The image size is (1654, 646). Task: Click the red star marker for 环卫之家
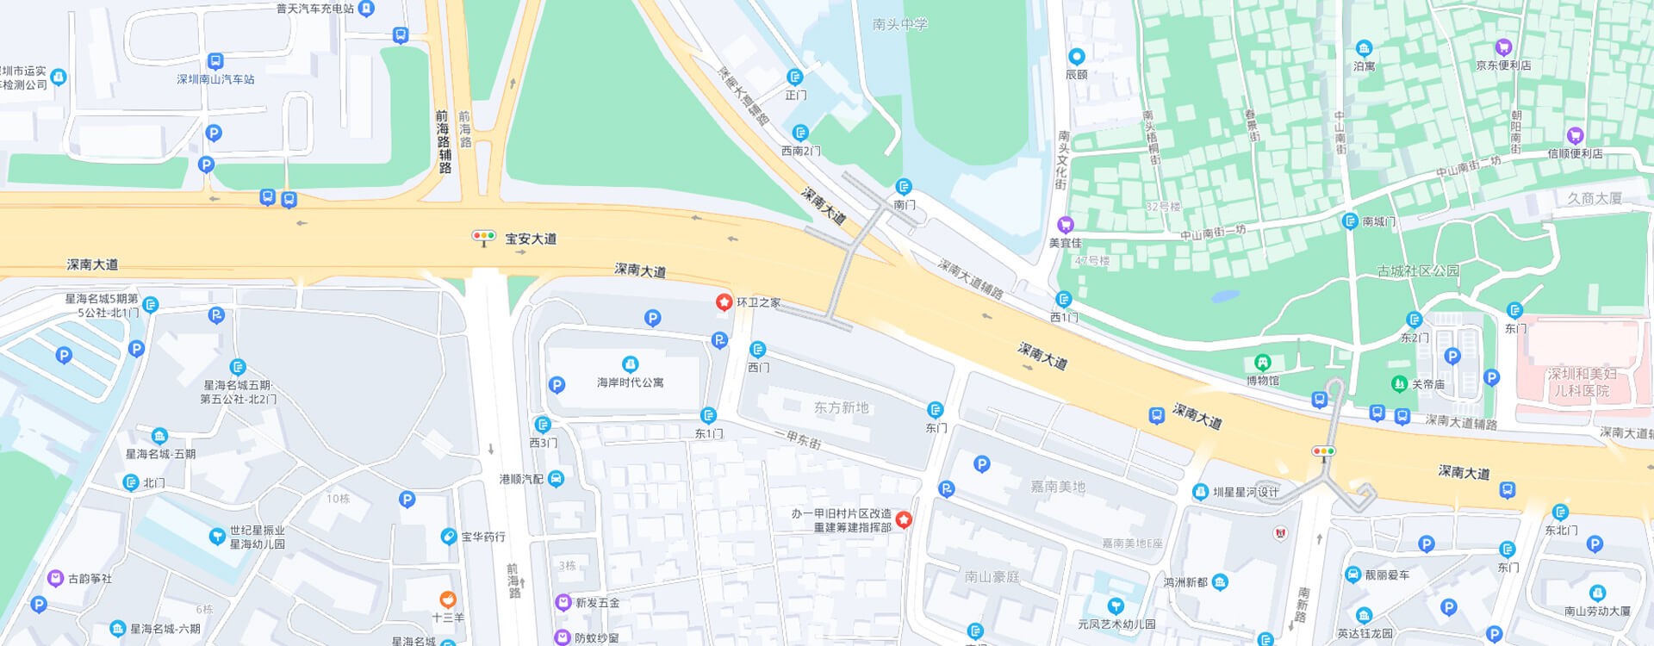coord(724,302)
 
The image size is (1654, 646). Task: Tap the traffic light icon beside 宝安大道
coord(484,237)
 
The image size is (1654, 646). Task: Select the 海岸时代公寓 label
coord(631,382)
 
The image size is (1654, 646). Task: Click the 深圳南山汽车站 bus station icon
coord(215,62)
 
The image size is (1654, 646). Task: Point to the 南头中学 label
coord(899,25)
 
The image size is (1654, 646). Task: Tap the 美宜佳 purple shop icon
coord(1065,225)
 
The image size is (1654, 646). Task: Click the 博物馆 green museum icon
coord(1263,363)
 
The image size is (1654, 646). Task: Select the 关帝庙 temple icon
coord(1399,384)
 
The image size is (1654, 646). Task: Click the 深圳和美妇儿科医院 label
coord(1582,382)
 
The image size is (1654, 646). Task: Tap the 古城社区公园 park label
coord(1418,271)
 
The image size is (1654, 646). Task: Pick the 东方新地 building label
coord(841,407)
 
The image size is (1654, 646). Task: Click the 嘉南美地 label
coord(1058,487)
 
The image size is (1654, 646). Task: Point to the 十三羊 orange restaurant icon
coord(447,599)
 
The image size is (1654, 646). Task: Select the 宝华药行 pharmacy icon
coord(448,537)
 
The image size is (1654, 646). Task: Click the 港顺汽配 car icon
coord(557,479)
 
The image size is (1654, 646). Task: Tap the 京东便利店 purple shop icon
coord(1503,47)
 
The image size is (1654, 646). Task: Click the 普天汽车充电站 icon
coord(366,9)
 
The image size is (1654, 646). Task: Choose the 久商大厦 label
coord(1594,198)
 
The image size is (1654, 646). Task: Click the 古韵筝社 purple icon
coord(55,578)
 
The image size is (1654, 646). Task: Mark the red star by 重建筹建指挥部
coord(904,520)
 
